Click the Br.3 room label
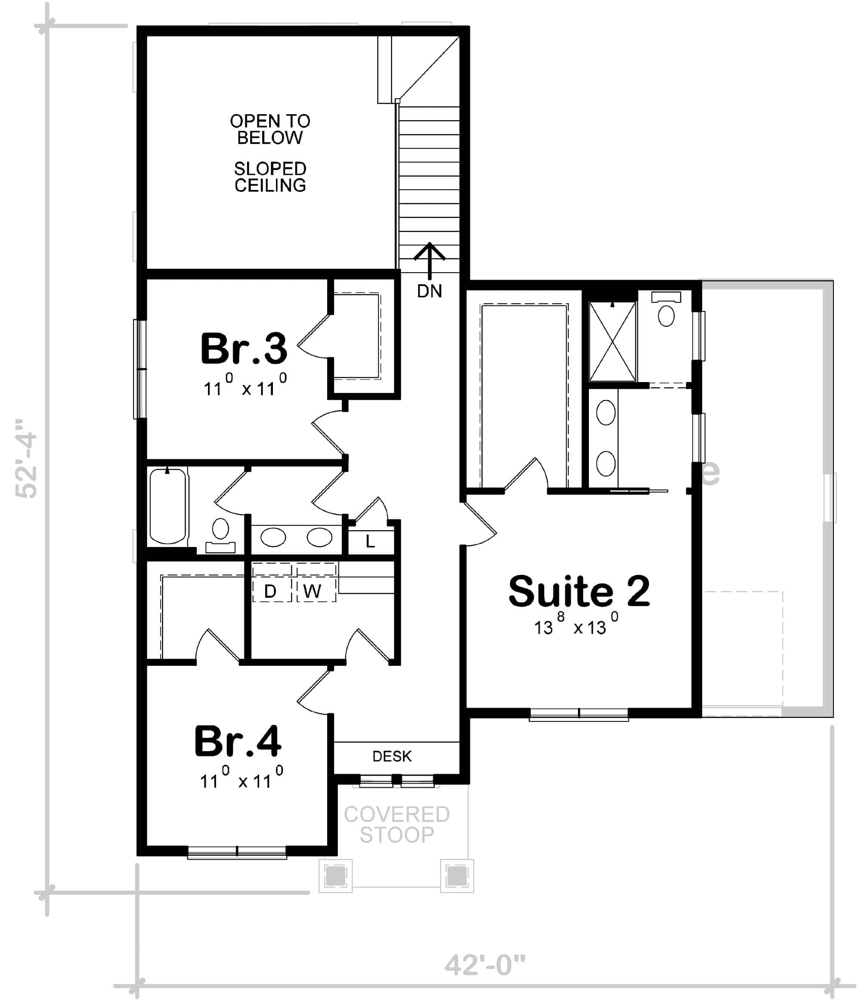tap(243, 349)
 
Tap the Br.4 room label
tap(237, 741)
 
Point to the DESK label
tap(392, 756)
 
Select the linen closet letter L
tap(370, 541)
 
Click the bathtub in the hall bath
tap(167, 506)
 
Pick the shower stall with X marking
tap(612, 342)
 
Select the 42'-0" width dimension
tap(484, 965)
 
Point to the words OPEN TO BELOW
tap(269, 129)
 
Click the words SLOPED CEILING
tap(269, 177)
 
